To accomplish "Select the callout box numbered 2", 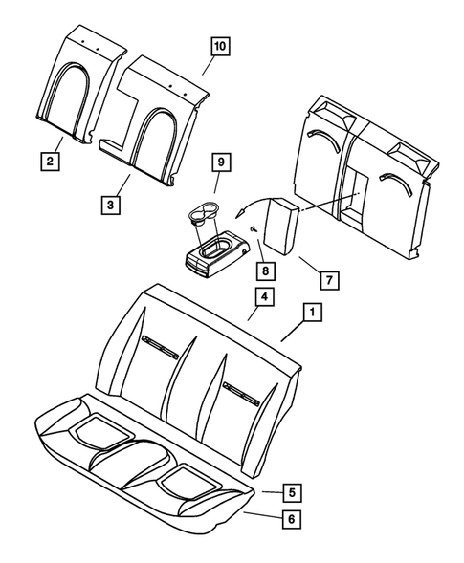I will coord(47,162).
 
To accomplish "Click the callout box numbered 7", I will coord(326,280).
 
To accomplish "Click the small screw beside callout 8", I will coord(252,231).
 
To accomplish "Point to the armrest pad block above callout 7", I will coord(282,229).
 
